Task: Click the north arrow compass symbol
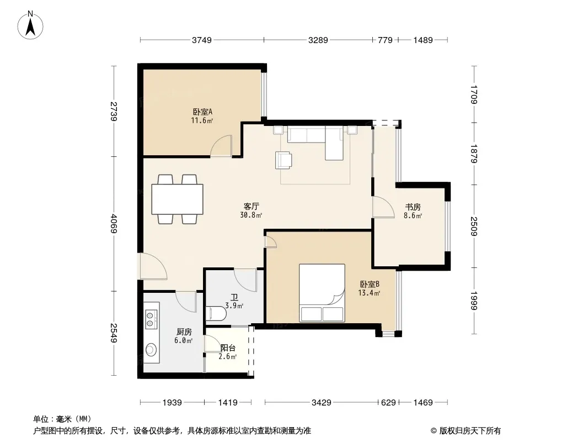click(30, 25)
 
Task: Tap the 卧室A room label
click(202, 112)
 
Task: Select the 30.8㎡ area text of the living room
click(251, 215)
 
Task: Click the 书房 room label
click(413, 207)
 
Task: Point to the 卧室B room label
click(370, 285)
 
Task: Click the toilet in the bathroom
click(216, 314)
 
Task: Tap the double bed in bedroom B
click(322, 293)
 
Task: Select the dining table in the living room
click(178, 199)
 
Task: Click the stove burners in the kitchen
click(151, 319)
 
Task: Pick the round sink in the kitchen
click(151, 349)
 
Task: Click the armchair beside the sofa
click(284, 160)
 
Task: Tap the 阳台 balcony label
click(228, 348)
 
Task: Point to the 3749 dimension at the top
click(202, 40)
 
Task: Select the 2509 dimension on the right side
click(474, 226)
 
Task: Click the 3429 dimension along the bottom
click(322, 403)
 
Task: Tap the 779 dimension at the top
click(385, 40)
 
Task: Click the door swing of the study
click(383, 207)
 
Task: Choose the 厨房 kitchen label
click(184, 332)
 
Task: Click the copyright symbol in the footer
click(434, 431)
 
